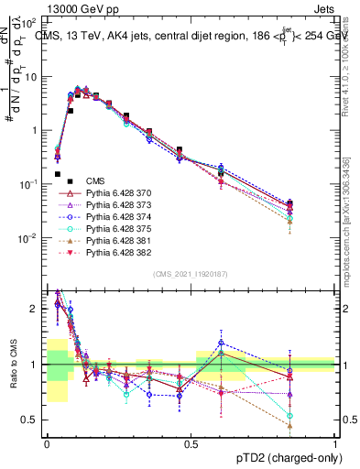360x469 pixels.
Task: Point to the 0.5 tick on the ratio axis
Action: pyautogui.click(x=31, y=420)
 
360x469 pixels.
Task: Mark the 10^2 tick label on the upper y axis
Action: pyautogui.click(x=31, y=22)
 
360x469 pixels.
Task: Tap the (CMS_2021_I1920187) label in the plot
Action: pyautogui.click(x=191, y=273)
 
